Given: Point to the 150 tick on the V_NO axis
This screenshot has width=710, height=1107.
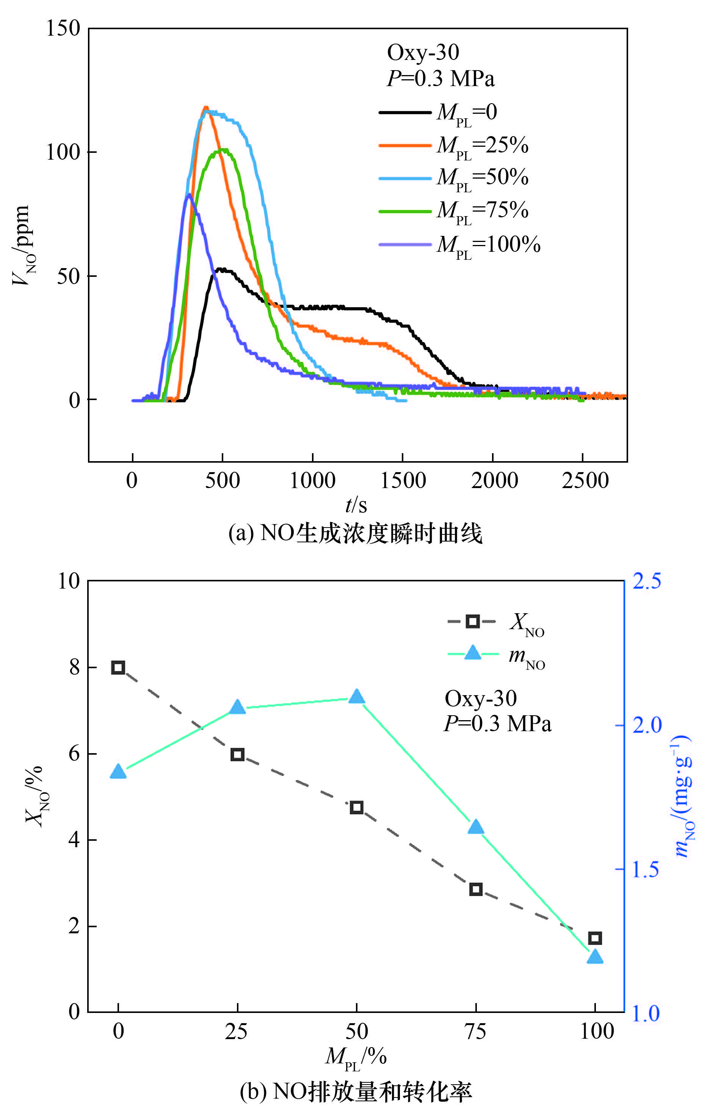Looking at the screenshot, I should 63,28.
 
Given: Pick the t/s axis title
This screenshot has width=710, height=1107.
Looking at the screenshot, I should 356,506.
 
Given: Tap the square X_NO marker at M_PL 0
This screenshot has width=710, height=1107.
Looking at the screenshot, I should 119,667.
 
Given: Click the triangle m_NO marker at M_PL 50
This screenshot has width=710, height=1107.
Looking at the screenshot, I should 356,697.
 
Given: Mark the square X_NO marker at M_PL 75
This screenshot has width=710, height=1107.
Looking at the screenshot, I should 476,889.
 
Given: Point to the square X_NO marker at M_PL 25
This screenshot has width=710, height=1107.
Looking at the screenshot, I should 237,755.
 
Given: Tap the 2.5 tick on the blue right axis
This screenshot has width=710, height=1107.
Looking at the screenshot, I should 646,581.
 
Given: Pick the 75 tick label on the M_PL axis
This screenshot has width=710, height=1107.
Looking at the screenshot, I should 476,1032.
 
